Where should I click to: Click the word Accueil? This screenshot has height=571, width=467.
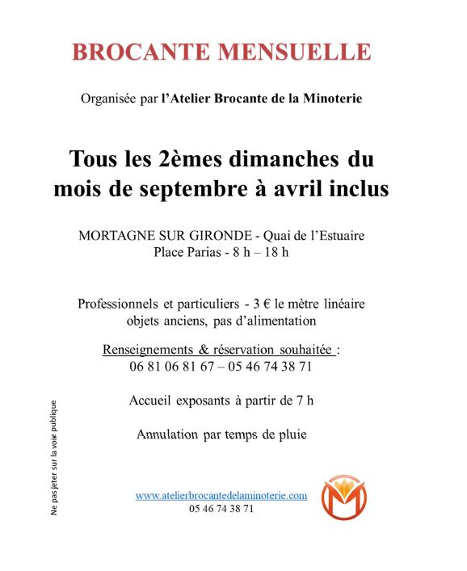150,400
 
